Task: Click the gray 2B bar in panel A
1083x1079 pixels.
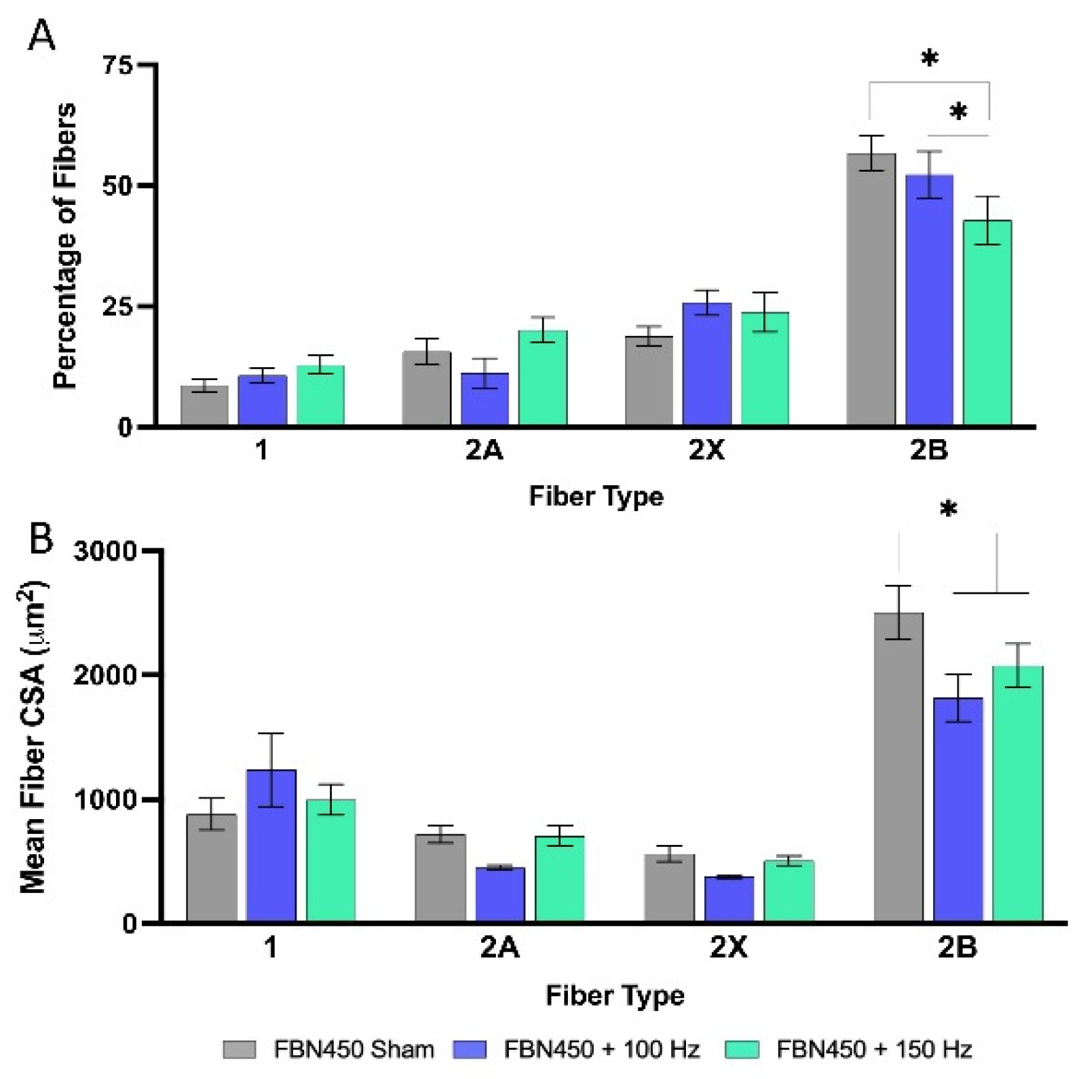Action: pyautogui.click(x=871, y=292)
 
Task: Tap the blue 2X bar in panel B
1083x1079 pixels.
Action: pyautogui.click(x=729, y=900)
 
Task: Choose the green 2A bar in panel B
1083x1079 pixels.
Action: pyautogui.click(x=559, y=879)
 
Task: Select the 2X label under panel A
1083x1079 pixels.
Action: pyautogui.click(x=706, y=450)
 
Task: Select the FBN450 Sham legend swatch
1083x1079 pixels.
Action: pyautogui.click(x=240, y=1049)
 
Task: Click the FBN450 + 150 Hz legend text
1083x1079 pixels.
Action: pyautogui.click(x=874, y=1049)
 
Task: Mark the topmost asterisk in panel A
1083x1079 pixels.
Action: pyautogui.click(x=930, y=58)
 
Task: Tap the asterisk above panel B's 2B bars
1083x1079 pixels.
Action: pyautogui.click(x=948, y=509)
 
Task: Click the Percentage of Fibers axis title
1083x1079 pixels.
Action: pyautogui.click(x=65, y=246)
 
